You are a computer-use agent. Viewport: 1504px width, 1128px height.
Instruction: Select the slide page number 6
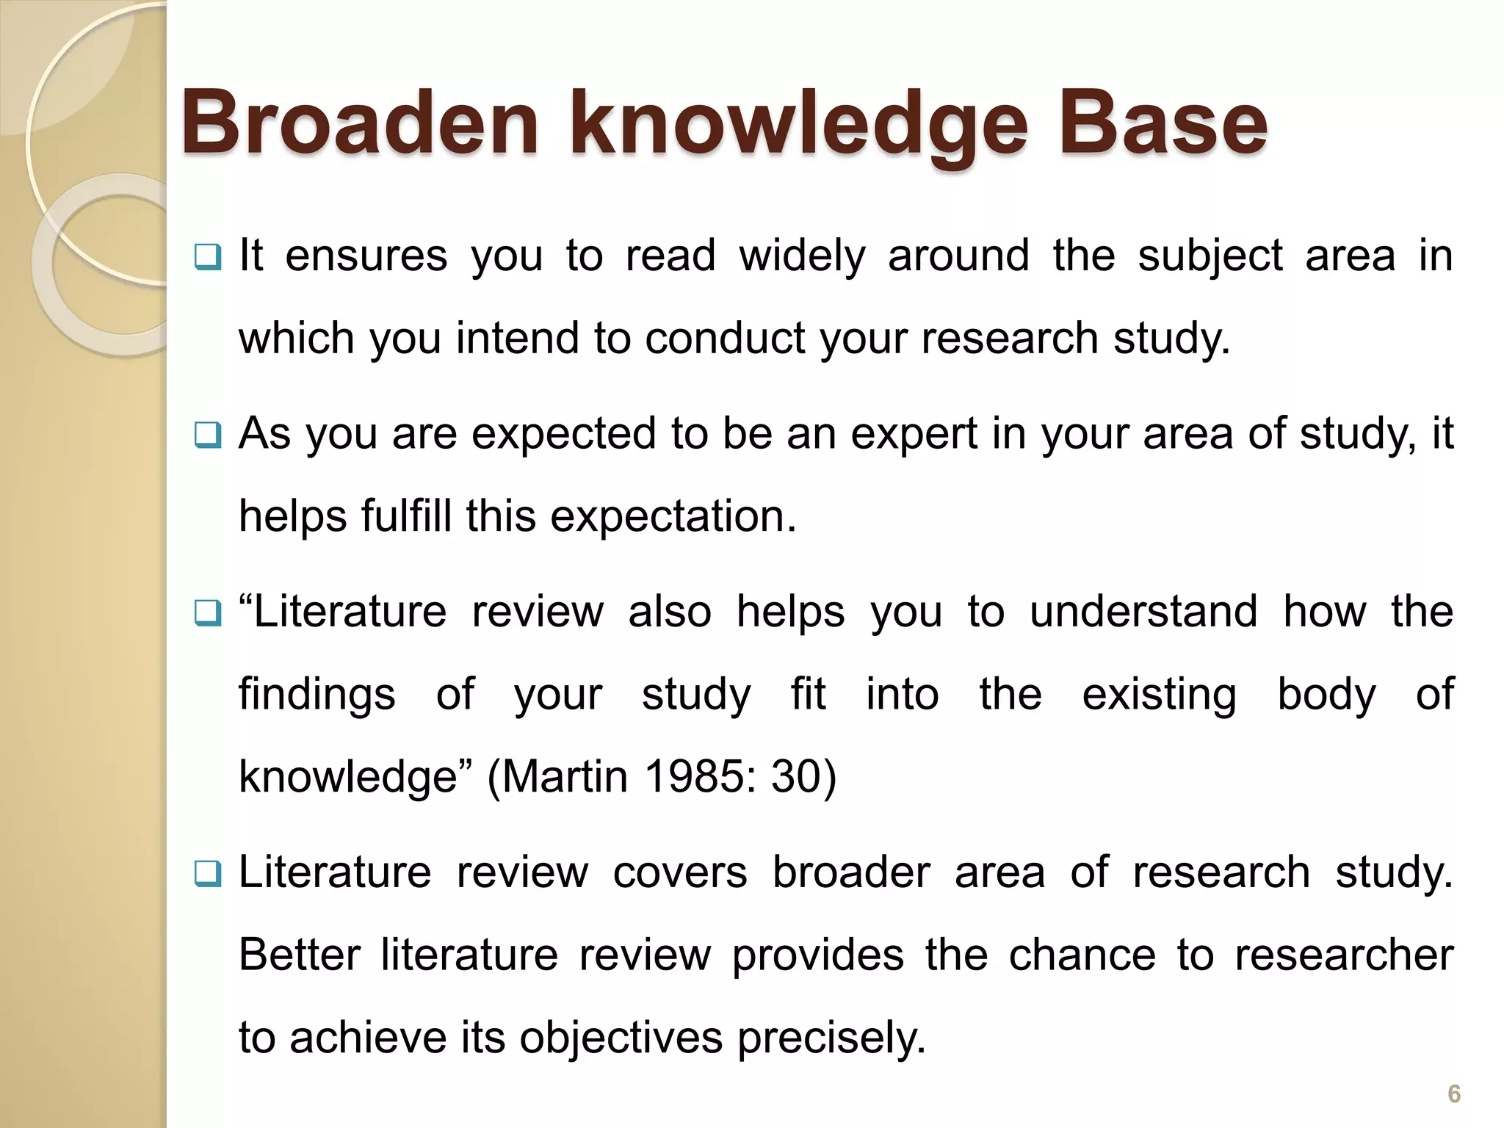1453,1093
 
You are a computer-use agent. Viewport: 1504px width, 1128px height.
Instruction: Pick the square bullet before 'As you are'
207,435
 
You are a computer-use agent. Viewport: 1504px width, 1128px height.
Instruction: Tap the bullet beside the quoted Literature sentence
207,612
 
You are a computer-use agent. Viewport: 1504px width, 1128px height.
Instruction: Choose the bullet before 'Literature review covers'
207,873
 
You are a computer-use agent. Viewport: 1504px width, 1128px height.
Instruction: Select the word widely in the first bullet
802,256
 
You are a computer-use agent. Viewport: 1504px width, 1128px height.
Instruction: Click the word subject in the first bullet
1210,256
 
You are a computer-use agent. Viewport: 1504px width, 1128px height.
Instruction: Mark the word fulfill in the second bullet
406,516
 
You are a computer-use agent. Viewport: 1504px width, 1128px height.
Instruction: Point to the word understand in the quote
1143,612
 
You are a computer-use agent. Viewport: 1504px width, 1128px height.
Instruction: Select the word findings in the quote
317,695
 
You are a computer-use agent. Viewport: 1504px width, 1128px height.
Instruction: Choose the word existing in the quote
1159,695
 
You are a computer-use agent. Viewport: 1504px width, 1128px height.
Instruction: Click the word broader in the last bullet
851,872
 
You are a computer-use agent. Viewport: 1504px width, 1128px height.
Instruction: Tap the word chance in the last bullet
1082,955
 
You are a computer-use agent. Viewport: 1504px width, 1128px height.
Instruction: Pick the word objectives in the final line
621,1038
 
